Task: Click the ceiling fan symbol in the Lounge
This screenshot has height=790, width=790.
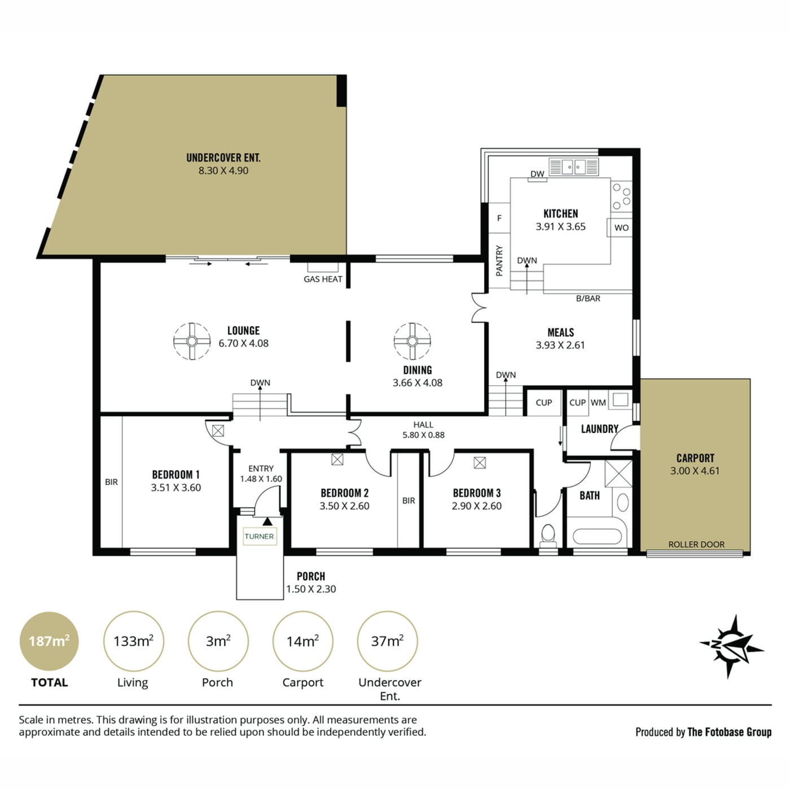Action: tap(191, 341)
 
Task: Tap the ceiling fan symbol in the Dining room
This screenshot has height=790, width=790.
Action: tap(412, 341)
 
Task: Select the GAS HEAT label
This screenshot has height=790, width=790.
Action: tap(323, 279)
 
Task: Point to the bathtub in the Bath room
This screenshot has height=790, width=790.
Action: tap(596, 536)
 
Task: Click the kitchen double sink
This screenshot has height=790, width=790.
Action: tap(573, 167)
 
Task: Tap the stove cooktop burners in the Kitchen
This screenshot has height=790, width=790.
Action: tap(621, 196)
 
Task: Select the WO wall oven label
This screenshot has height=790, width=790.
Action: tap(621, 228)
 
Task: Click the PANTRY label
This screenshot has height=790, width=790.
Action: tap(499, 261)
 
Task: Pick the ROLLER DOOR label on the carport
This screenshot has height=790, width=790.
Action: tap(696, 545)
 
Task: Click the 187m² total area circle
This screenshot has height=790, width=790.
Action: tap(49, 641)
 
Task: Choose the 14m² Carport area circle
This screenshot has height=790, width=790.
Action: tap(302, 641)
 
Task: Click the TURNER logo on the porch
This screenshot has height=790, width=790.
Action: tap(260, 536)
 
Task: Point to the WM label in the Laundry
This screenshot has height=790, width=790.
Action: tap(598, 402)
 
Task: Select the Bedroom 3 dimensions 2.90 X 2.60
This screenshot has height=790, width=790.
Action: tap(476, 506)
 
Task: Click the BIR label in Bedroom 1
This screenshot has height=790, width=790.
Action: tap(111, 482)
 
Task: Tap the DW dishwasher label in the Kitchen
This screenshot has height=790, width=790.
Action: tap(537, 174)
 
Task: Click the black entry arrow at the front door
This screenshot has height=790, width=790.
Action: tap(267, 521)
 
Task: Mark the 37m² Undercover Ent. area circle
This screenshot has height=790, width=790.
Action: tap(388, 641)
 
